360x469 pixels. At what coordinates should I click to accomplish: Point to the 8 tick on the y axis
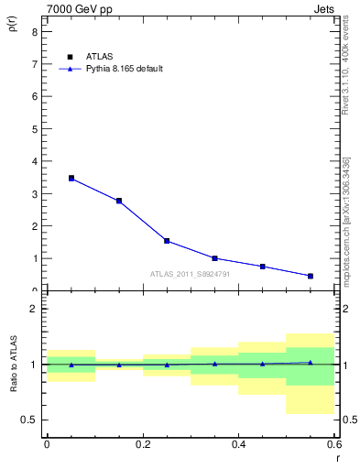point(34,31)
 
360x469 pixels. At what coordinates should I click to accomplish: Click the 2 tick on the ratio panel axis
point(34,309)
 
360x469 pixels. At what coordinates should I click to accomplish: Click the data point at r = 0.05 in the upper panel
point(71,179)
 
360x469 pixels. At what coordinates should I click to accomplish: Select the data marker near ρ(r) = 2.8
point(119,201)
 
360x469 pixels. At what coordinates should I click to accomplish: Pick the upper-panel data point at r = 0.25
point(167,241)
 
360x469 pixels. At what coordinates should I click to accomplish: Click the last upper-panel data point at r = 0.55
point(311,276)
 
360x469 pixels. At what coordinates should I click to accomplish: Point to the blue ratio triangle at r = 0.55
point(311,363)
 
